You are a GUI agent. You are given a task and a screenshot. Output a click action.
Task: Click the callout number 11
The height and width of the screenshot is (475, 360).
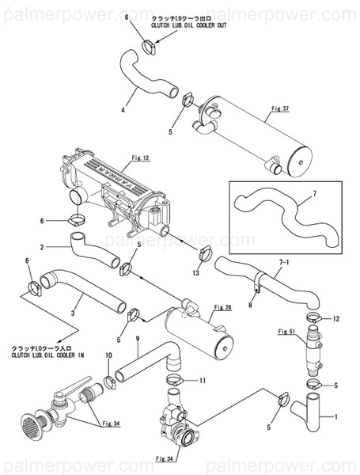(x=203, y=381)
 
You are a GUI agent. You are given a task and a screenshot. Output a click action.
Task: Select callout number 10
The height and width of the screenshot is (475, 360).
(x=108, y=356)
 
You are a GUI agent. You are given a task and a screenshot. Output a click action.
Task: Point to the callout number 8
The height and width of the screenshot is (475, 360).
(x=250, y=303)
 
